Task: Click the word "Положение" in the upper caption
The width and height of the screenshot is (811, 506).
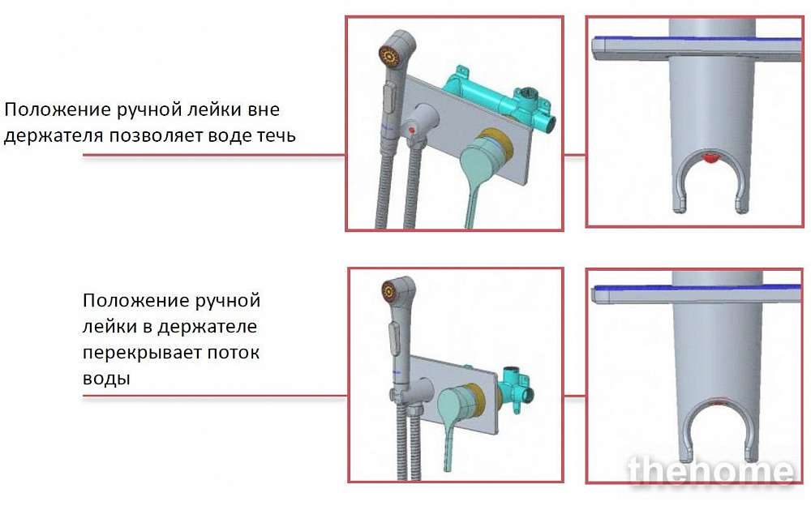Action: pos(58,109)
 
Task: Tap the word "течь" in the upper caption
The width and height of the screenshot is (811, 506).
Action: pos(277,135)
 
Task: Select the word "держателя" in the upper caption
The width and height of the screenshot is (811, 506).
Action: pos(54,136)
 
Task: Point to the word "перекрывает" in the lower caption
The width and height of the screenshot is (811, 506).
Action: pos(142,354)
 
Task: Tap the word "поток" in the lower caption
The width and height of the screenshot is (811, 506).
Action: pos(234,353)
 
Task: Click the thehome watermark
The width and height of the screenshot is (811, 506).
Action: pos(710,471)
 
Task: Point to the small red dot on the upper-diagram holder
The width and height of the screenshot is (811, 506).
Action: pos(412,130)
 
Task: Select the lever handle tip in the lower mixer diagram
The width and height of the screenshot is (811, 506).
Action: pos(447,465)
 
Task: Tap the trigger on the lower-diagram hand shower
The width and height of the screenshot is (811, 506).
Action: pos(393,337)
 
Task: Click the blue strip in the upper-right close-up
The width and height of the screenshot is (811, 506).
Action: pos(699,39)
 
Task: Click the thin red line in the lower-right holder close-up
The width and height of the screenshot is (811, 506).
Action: pos(718,401)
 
